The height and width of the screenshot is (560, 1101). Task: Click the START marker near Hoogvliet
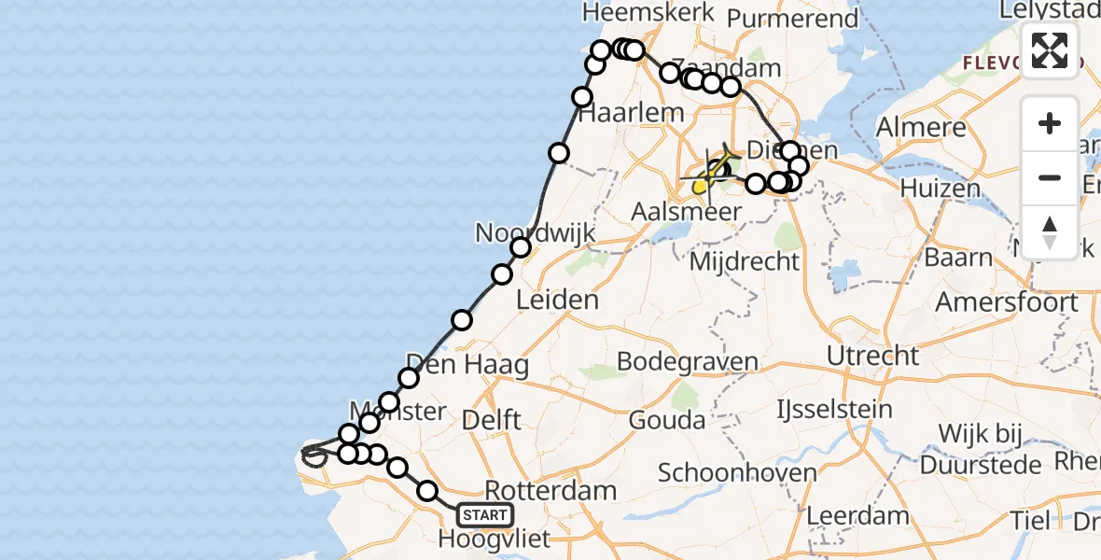pyautogui.click(x=485, y=514)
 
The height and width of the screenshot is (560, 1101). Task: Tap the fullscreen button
pyautogui.click(x=1050, y=49)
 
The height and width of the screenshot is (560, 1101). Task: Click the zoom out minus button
pyautogui.click(x=1050, y=177)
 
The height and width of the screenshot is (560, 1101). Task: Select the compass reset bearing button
pyautogui.click(x=1050, y=232)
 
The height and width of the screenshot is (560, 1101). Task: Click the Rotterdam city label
pyautogui.click(x=551, y=490)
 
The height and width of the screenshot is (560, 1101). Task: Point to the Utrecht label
pyautogui.click(x=872, y=356)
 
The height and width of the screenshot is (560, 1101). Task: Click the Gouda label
pyautogui.click(x=666, y=420)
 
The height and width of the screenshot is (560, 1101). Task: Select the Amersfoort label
pyautogui.click(x=1007, y=302)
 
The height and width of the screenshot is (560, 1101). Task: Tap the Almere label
pyautogui.click(x=920, y=127)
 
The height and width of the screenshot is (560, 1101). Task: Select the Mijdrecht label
pyautogui.click(x=745, y=261)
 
